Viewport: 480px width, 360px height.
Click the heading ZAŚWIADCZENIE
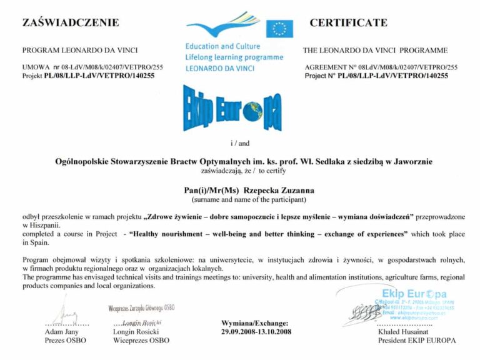pos(71,23)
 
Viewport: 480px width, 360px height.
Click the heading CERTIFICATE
pos(348,23)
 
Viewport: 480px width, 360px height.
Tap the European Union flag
pos(279,29)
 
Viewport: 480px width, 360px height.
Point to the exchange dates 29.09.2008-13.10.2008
pos(256,331)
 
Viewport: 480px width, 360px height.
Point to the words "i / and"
pos(239,142)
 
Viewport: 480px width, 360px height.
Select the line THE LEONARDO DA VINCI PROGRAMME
pos(375,50)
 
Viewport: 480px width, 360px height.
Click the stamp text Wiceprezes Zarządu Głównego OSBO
pos(141,307)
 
